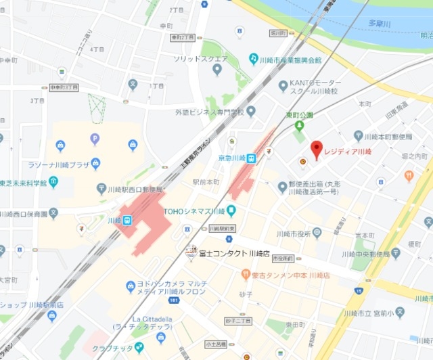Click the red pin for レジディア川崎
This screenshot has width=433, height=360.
[316, 148]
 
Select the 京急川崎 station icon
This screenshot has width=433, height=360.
[251, 158]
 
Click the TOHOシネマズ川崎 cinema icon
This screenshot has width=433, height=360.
[231, 210]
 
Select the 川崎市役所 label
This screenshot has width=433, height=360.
[293, 234]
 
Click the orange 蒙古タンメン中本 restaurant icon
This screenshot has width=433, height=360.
[246, 275]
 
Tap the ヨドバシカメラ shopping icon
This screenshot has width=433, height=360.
[131, 287]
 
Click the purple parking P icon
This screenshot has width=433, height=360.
[95, 139]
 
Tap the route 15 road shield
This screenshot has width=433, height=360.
[358, 291]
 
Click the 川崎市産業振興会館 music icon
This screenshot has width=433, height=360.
[254, 59]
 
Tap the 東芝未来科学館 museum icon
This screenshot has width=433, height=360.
[53, 182]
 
